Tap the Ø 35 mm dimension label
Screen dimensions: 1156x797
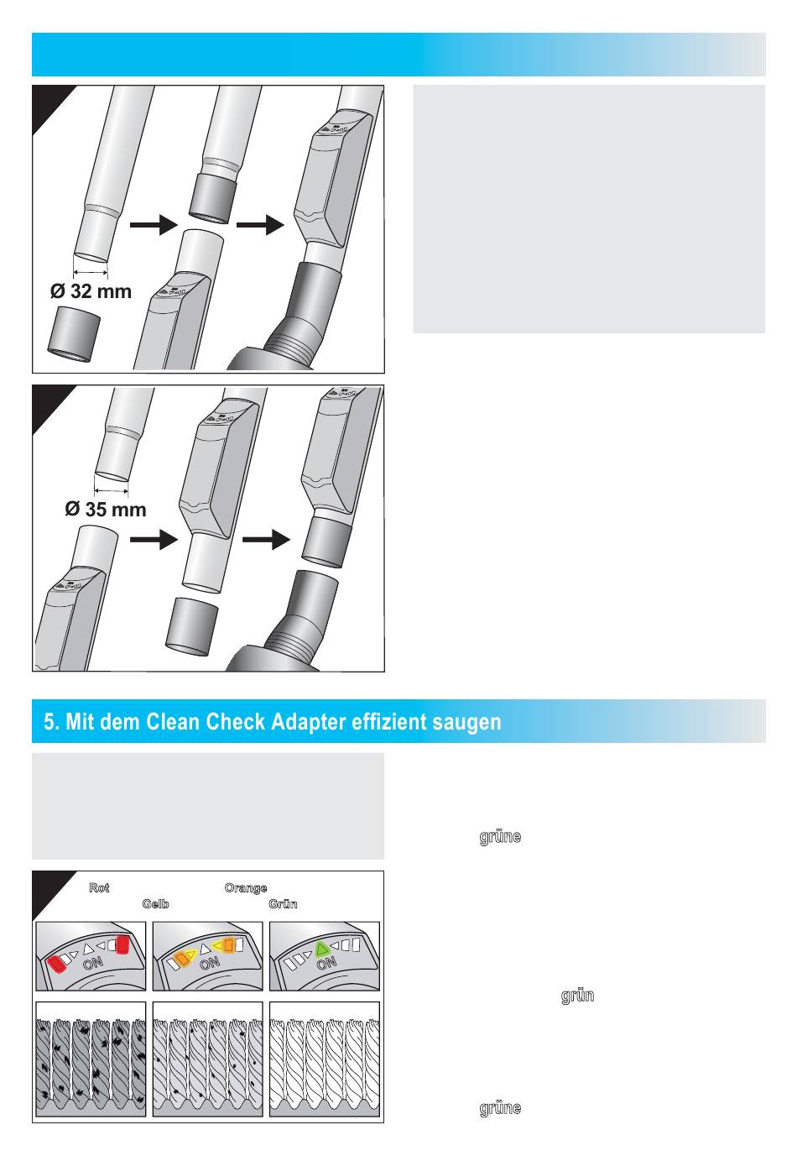[106, 510]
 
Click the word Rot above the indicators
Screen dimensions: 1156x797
[99, 887]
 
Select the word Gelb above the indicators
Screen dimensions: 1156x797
[155, 904]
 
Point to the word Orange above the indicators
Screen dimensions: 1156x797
[246, 887]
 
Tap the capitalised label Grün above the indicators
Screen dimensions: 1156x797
[283, 904]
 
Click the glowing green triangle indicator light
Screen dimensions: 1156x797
[320, 949]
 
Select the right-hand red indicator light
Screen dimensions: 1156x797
[122, 944]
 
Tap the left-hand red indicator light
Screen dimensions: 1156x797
[58, 963]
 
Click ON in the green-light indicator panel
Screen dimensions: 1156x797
[326, 965]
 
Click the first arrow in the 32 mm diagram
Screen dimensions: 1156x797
[153, 225]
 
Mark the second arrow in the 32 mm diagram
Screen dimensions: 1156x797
[261, 225]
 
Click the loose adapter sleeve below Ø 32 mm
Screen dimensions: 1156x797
[74, 334]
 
